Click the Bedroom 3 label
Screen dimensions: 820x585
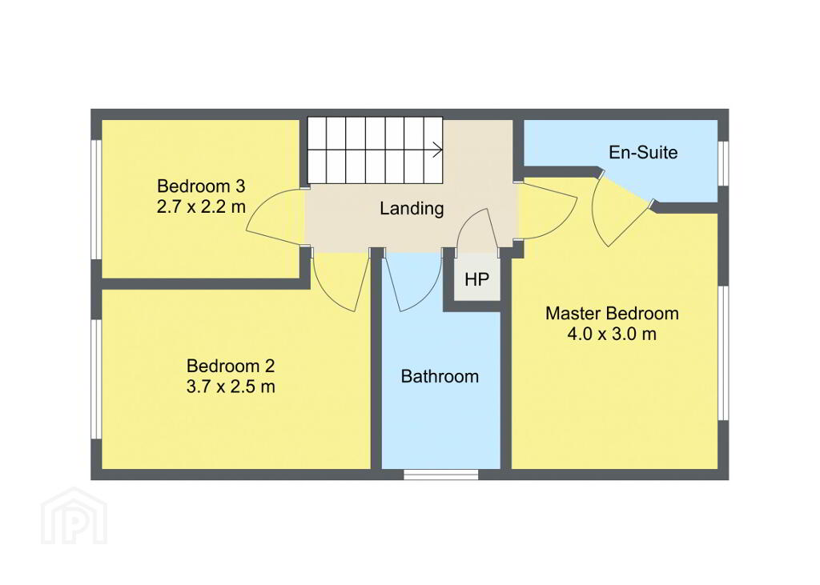pos(201,186)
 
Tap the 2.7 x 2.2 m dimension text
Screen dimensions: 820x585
pos(201,207)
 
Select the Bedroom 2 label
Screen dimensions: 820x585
pos(231,366)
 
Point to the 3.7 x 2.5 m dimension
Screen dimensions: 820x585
pos(231,387)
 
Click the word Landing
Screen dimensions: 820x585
pos(412,209)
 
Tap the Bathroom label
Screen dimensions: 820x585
pos(440,376)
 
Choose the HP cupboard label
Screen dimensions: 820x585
pos(476,279)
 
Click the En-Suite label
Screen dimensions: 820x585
pos(643,152)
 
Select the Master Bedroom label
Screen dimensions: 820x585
pos(612,314)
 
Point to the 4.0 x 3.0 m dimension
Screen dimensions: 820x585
pos(612,334)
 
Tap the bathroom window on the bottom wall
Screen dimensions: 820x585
pos(441,475)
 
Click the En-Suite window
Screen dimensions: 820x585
pos(723,163)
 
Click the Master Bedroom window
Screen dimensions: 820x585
pos(723,353)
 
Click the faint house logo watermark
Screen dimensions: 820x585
pos(74,516)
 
